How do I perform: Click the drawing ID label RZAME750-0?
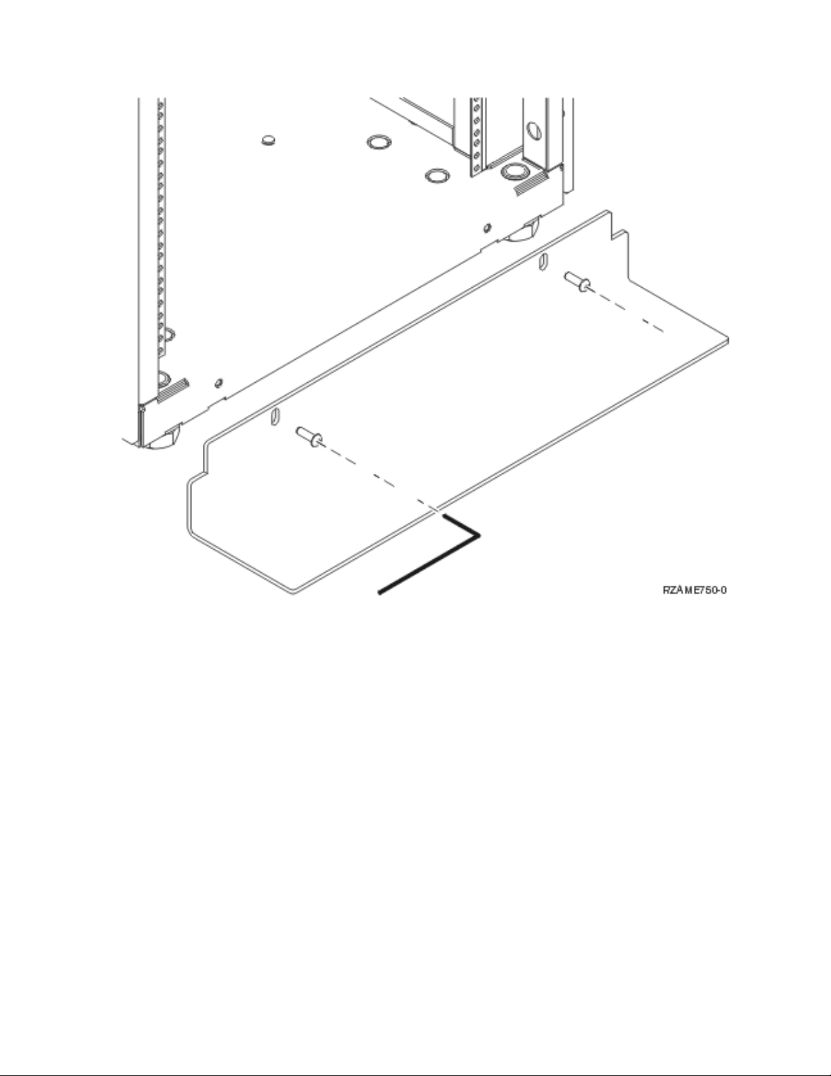point(695,590)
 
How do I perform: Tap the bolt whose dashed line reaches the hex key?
point(308,437)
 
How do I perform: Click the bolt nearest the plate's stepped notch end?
point(576,280)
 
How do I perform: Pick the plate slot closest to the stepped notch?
point(543,261)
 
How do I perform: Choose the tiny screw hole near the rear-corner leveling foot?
point(486,226)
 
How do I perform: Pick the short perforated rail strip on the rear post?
point(477,132)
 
